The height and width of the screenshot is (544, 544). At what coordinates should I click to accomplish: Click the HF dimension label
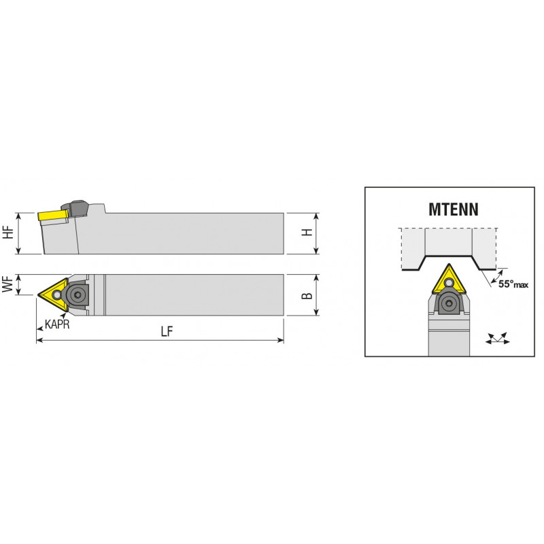[8, 232]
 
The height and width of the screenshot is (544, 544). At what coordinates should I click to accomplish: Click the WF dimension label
[7, 284]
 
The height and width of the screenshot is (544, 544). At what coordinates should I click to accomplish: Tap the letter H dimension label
[307, 233]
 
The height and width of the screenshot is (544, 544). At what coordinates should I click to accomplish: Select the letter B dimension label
[307, 295]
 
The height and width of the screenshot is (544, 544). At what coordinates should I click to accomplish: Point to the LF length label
[167, 332]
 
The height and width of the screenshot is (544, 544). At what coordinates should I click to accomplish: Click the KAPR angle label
[57, 324]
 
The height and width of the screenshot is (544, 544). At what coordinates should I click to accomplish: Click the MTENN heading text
[454, 209]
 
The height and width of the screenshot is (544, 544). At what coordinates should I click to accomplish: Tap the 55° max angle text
[513, 284]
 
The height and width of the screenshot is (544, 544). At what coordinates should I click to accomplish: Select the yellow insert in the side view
[53, 216]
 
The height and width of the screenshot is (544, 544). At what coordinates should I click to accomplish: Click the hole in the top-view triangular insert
[56, 295]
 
